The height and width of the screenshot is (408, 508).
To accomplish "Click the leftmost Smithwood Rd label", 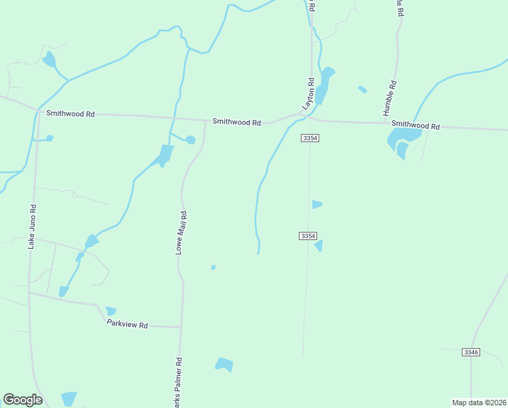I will pos(70,114).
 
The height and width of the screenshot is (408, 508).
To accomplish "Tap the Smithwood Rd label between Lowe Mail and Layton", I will pos(236,122).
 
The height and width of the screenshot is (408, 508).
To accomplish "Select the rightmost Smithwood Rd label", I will pos(416,126).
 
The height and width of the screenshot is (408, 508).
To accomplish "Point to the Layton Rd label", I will pos(310,95).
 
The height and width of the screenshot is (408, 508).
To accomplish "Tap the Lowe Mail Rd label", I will pos(181,233).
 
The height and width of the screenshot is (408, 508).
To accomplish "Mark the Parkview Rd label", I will pos(127,325).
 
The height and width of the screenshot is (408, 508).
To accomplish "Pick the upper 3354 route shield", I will pos(310,138).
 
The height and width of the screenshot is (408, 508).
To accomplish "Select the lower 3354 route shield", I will pos(308,236).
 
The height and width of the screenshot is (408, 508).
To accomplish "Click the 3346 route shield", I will pos(471,352).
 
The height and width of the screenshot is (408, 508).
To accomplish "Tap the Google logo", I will pos(22,400).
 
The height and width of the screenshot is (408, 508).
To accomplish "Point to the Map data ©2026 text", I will pos(478,403).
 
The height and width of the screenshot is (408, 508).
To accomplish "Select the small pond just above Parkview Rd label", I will pos(111,311).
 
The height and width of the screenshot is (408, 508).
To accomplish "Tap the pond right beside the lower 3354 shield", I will pos(319,245).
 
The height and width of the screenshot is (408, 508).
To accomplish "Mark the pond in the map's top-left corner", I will pos(49,60).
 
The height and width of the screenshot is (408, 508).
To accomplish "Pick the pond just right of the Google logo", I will pos(69,399).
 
